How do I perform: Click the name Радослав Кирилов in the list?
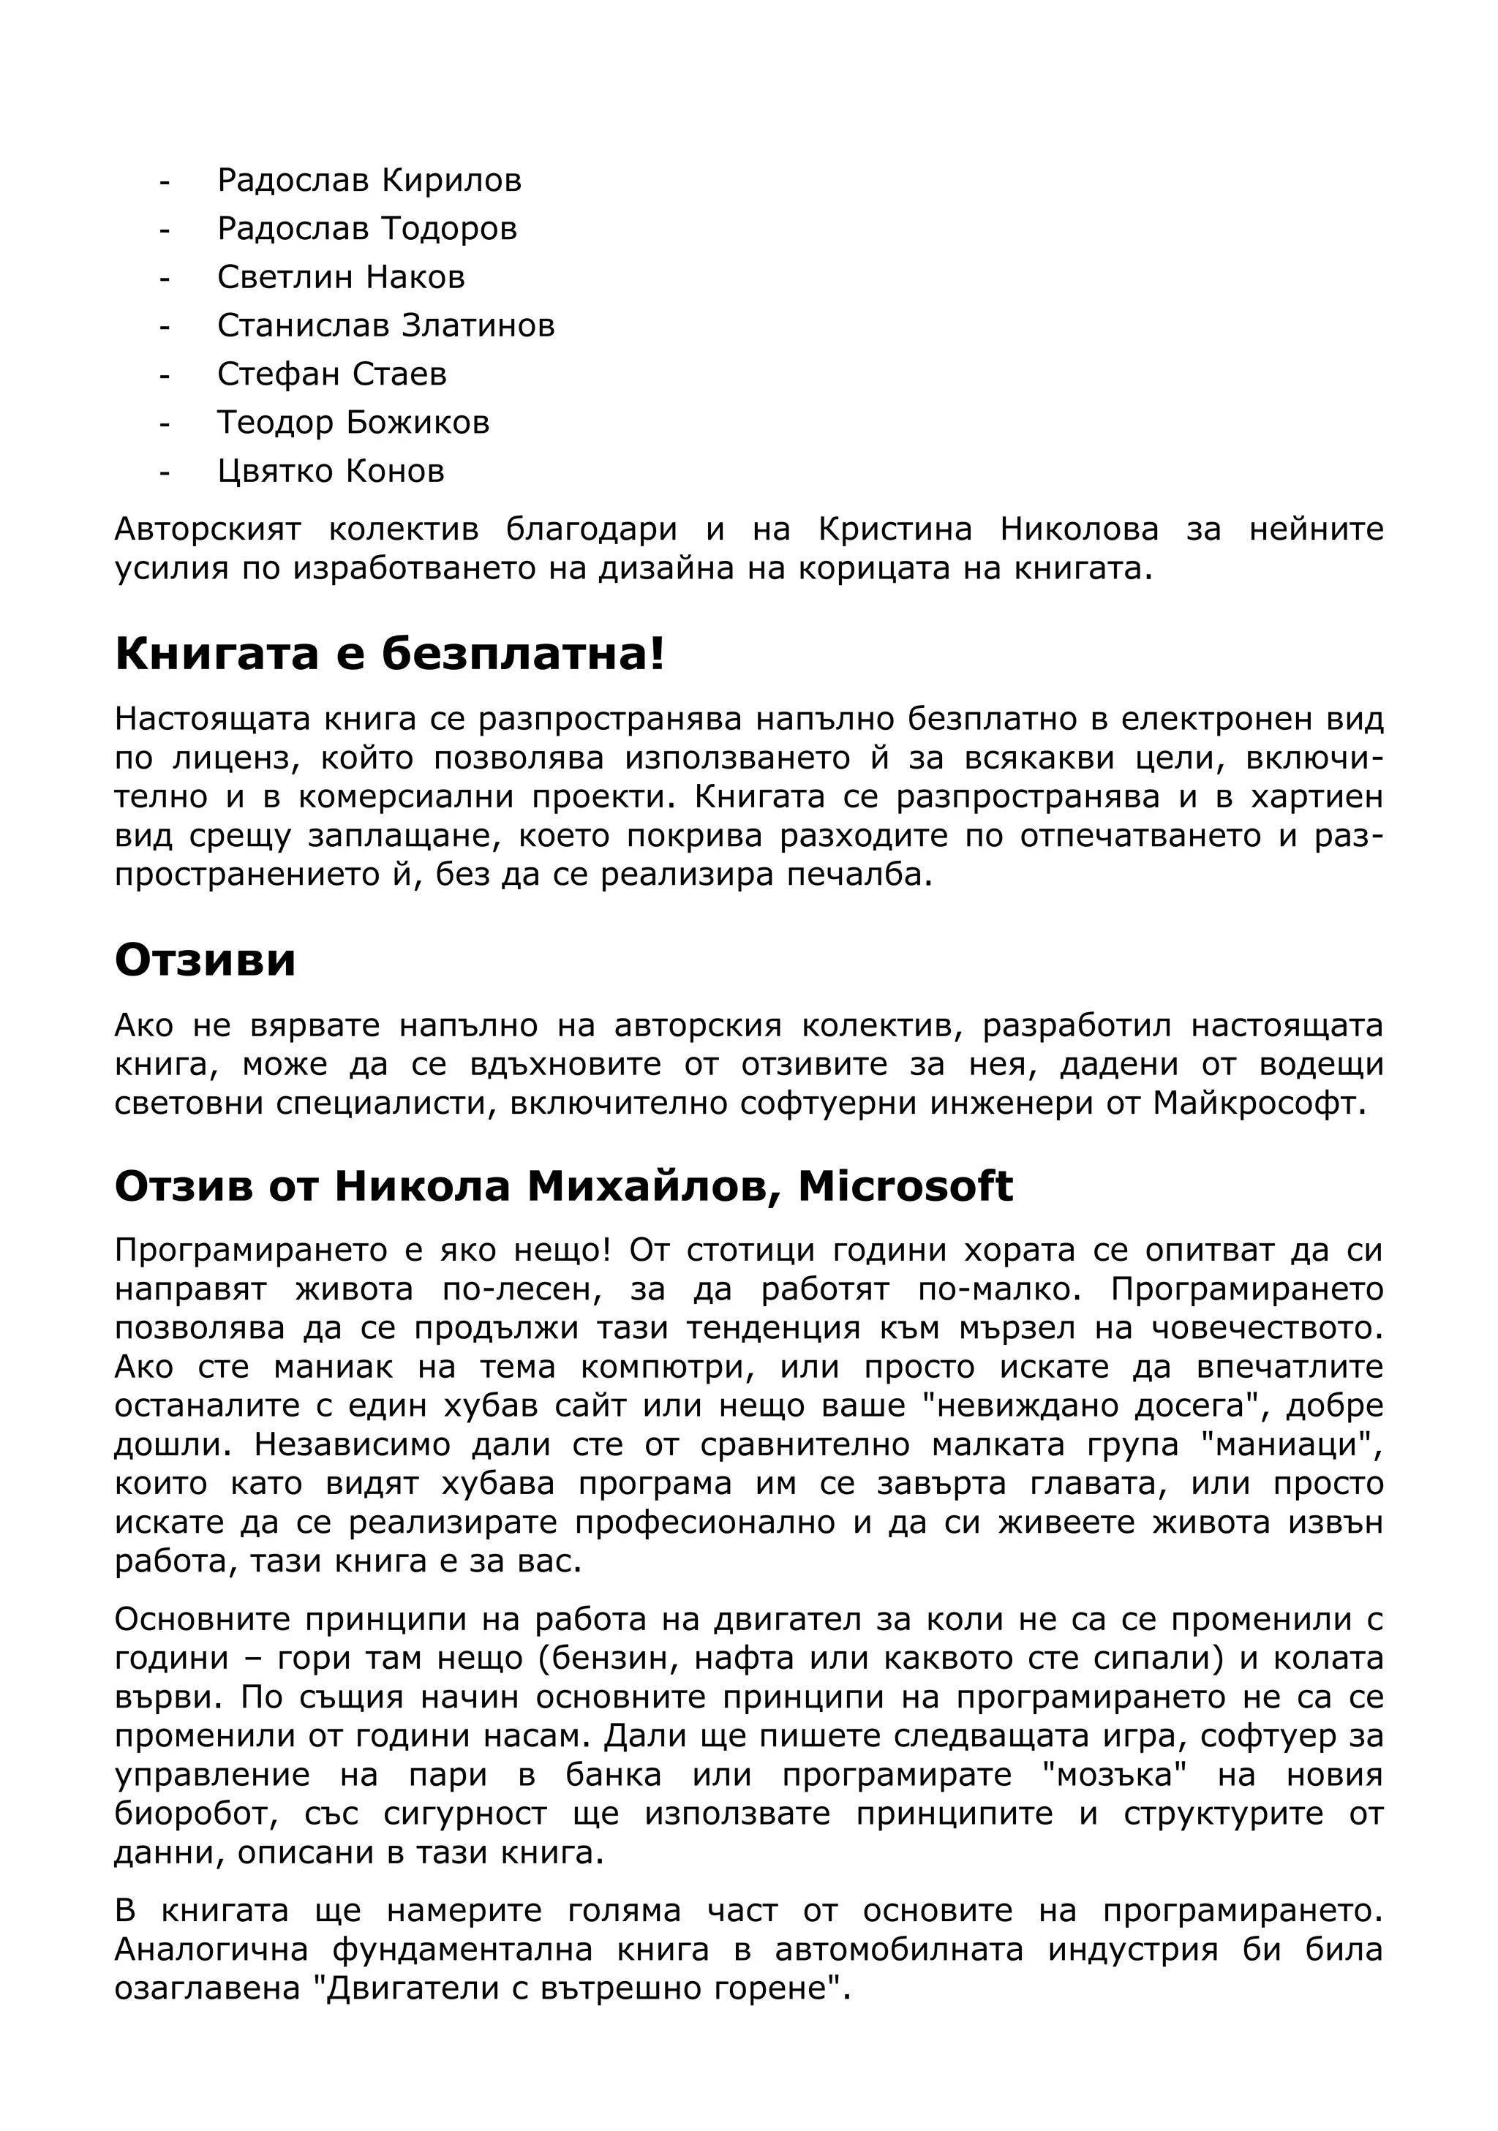click(x=369, y=180)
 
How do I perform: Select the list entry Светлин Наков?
click(x=341, y=276)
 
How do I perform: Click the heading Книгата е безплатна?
click(x=390, y=655)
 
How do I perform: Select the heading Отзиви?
click(x=205, y=959)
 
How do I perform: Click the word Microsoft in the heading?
click(x=904, y=1186)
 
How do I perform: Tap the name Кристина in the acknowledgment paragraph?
click(x=895, y=529)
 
